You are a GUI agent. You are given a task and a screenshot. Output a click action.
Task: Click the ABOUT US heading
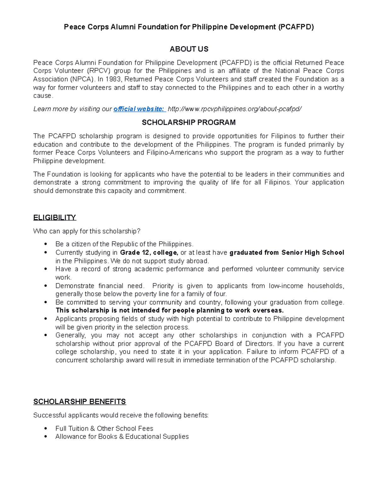pyautogui.click(x=189, y=49)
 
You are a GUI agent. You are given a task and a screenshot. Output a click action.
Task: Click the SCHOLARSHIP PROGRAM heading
pyautogui.click(x=189, y=122)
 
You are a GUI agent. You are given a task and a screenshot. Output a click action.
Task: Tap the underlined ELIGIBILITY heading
pyautogui.click(x=54, y=218)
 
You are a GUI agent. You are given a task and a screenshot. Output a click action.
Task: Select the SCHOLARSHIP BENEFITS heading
pyautogui.click(x=79, y=402)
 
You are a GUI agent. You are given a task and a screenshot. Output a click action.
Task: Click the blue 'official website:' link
pyautogui.click(x=139, y=109)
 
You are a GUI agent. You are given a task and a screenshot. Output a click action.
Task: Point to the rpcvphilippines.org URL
pyautogui.click(x=234, y=109)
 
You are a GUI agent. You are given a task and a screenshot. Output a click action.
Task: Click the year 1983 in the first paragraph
pyautogui.click(x=113, y=79)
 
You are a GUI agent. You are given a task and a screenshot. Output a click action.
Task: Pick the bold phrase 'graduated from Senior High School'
pyautogui.click(x=287, y=253)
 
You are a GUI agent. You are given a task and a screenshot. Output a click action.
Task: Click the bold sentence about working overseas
pyautogui.click(x=169, y=310)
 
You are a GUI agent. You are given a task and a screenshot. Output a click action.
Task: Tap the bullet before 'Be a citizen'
pyautogui.click(x=46, y=244)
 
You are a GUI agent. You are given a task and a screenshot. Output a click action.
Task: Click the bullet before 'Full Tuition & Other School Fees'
pyautogui.click(x=46, y=429)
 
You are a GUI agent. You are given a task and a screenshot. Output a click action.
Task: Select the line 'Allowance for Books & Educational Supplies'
pyautogui.click(x=122, y=437)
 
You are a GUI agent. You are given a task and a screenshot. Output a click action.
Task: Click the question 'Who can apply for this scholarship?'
pyautogui.click(x=87, y=231)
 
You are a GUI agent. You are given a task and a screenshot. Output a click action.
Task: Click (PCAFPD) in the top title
pyautogui.click(x=295, y=27)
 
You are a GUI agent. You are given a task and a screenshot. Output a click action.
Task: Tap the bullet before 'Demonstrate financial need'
pyautogui.click(x=46, y=286)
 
